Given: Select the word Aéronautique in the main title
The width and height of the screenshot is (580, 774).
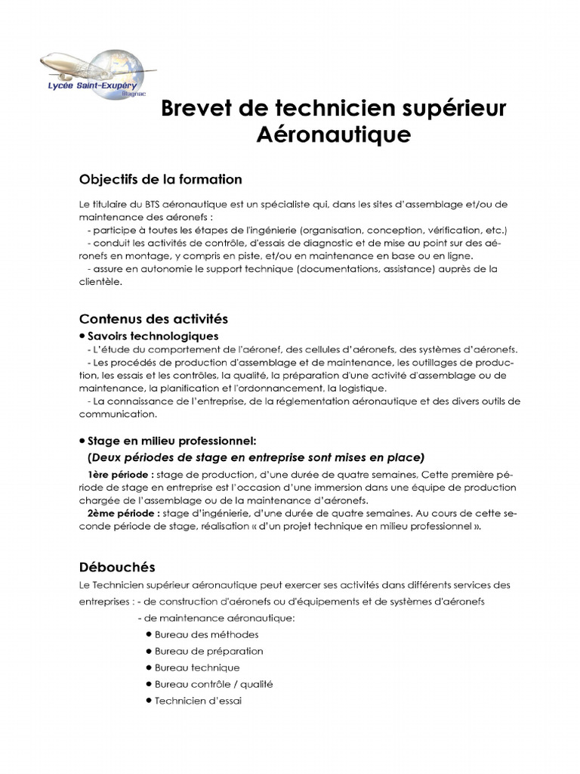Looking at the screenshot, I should [334, 135].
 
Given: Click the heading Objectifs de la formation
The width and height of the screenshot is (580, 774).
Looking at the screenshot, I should [161, 179].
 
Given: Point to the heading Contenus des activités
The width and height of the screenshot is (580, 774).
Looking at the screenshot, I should [153, 319].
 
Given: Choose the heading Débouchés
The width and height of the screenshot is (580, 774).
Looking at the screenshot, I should [117, 566].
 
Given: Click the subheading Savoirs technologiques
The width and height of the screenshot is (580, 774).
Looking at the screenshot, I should [153, 336].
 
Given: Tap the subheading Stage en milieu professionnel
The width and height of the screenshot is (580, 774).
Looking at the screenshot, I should [171, 440].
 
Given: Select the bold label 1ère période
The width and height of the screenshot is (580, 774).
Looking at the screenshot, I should [121, 474].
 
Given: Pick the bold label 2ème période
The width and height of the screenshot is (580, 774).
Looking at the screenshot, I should [122, 512].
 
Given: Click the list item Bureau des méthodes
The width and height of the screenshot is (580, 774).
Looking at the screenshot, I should [206, 634].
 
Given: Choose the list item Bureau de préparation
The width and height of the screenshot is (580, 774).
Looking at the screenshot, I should [209, 651].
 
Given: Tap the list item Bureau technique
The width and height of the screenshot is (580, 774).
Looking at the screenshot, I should [197, 667].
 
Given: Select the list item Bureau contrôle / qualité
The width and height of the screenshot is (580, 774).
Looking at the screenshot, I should [214, 684].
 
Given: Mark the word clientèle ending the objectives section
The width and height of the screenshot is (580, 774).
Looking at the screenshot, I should [99, 281].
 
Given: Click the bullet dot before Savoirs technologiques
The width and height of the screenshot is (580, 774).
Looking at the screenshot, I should [82, 336].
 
